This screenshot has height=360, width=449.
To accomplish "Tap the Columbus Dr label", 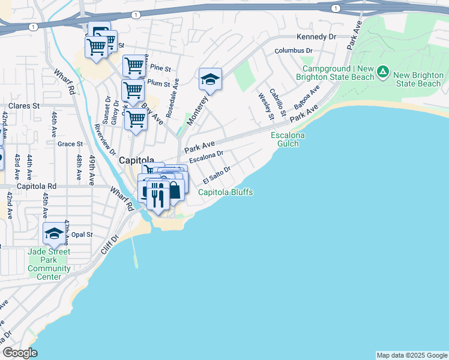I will point(294,51).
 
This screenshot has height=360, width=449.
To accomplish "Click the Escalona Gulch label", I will point(288,140).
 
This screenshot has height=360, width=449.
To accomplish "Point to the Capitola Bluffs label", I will point(225,192).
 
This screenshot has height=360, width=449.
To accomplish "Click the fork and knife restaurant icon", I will point(157,194).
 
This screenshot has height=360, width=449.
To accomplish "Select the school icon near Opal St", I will point(54,233).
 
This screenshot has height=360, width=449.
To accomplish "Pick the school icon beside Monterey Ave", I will point(210,79).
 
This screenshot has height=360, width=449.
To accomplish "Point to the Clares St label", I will point(19,106).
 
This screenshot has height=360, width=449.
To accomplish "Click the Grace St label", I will point(70,144).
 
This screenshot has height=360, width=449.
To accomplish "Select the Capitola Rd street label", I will point(36,187).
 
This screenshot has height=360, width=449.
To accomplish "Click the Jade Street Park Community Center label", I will point(49,264).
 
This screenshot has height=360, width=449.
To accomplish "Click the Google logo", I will point(20,353).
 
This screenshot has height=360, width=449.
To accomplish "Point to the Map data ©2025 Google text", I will point(411,355).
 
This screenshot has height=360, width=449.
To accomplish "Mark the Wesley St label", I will point(263,105).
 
